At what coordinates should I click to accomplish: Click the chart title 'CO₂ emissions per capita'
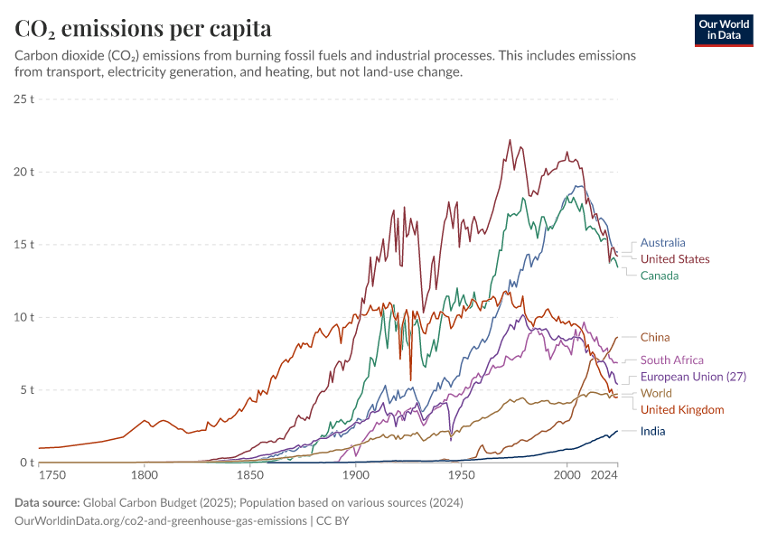pos(144,29)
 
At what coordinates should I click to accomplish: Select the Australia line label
pos(662,242)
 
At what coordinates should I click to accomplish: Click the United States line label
pos(675,259)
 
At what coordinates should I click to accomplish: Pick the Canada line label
pos(660,276)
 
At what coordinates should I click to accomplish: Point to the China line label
pos(655,337)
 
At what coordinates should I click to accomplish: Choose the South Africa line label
pos(671,360)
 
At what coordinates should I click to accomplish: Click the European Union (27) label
pos(693,376)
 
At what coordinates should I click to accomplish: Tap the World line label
pos(656,393)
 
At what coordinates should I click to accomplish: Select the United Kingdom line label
pos(682,409)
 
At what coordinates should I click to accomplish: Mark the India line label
pos(652,431)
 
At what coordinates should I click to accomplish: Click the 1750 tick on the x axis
pos(52,473)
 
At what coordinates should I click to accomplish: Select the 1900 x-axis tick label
pos(355,473)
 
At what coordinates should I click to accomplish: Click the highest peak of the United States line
pos(510,140)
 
